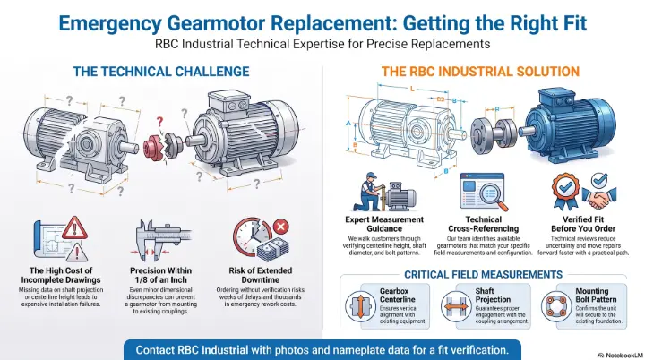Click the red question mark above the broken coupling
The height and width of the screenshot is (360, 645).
159,122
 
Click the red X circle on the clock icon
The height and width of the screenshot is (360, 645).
281,227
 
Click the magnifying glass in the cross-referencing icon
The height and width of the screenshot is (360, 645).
494,196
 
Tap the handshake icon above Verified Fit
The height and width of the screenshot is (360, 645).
599,197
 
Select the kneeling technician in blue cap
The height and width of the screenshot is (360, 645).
369,193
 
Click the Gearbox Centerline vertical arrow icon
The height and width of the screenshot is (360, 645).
360,306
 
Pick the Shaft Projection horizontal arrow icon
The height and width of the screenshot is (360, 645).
456,306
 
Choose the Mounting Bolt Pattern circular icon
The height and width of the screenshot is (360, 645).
556,306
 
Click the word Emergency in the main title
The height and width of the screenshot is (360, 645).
110,24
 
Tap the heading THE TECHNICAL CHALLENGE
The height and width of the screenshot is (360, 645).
161,72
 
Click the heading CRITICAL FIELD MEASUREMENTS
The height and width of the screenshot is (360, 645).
484,274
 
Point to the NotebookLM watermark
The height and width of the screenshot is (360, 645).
620,355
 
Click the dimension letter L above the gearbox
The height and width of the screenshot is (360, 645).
413,89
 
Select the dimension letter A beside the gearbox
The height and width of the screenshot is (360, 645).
348,124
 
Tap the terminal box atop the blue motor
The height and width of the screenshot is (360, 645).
555,98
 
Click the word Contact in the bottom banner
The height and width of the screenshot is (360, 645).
155,350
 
